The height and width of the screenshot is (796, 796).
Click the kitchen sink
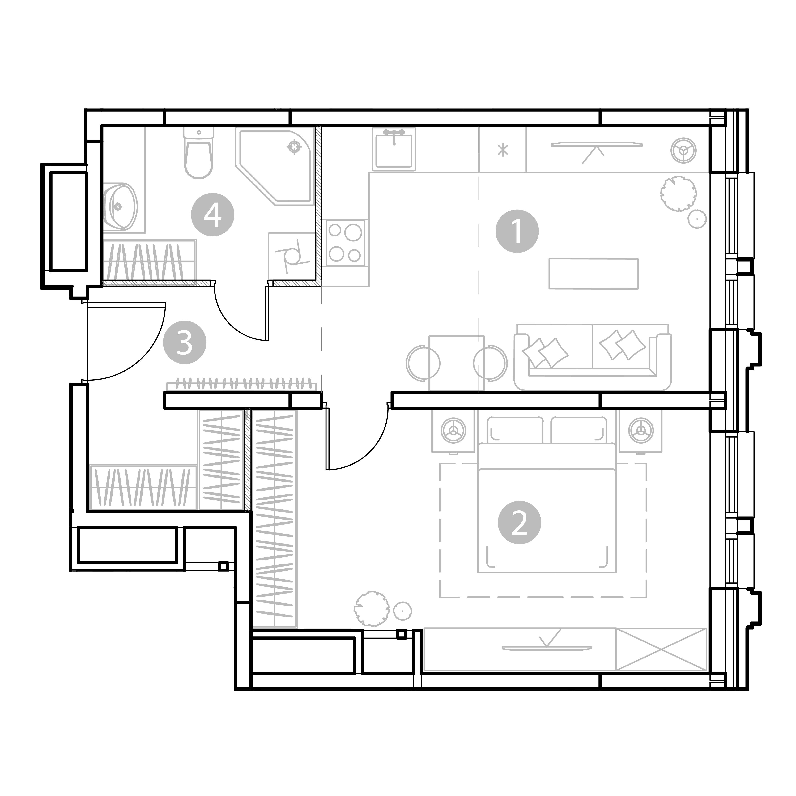394,149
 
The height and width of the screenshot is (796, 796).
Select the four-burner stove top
345,243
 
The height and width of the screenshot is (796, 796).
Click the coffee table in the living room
593,274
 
